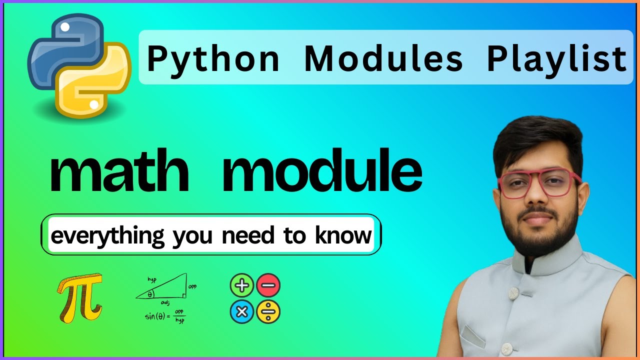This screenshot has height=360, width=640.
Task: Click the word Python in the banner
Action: (213, 59)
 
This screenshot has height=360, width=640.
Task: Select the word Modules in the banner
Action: (383, 59)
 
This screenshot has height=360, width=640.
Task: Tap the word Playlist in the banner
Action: (556, 59)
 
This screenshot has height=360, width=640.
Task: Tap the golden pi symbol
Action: (80, 297)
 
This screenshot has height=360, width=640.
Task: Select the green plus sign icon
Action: (242, 286)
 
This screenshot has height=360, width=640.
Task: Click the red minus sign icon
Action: (268, 286)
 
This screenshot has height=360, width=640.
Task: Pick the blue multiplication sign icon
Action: (242, 312)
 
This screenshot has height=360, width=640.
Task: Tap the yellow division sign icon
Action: (268, 312)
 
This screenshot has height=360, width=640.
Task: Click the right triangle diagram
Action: (165, 289)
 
